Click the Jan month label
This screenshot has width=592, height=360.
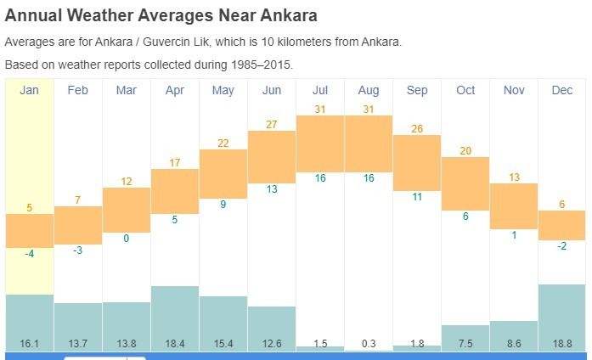[30, 90]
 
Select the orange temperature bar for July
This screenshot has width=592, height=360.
[320, 143]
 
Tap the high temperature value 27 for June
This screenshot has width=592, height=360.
[272, 124]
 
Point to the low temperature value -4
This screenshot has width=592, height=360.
[29, 254]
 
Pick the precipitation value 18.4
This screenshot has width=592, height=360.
[175, 343]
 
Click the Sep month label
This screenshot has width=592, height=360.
[417, 90]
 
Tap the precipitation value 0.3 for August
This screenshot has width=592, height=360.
[369, 343]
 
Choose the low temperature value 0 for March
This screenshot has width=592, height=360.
[127, 239]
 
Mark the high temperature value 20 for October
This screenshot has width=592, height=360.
[465, 150]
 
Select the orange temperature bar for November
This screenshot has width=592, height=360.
[514, 205]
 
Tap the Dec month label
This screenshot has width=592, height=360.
[562, 90]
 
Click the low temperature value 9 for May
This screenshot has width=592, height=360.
[223, 205]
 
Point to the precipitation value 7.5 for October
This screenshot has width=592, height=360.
[465, 343]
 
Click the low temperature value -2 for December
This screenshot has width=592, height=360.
[562, 246]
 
